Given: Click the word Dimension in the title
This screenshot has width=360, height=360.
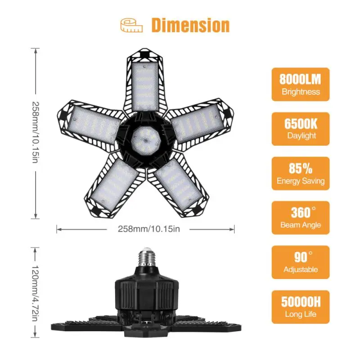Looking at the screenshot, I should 190,25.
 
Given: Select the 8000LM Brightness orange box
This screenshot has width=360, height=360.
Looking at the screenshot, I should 300,85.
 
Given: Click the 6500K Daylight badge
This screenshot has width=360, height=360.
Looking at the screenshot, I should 300,129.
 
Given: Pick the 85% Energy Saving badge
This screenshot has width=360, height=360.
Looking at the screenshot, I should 300,173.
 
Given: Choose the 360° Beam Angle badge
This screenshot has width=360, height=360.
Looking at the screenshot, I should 300,217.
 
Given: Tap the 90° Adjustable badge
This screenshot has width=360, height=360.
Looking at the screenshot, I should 300,262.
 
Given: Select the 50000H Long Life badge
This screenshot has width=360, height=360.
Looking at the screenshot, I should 300,306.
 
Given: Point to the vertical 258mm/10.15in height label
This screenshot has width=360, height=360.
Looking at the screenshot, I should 36,133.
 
